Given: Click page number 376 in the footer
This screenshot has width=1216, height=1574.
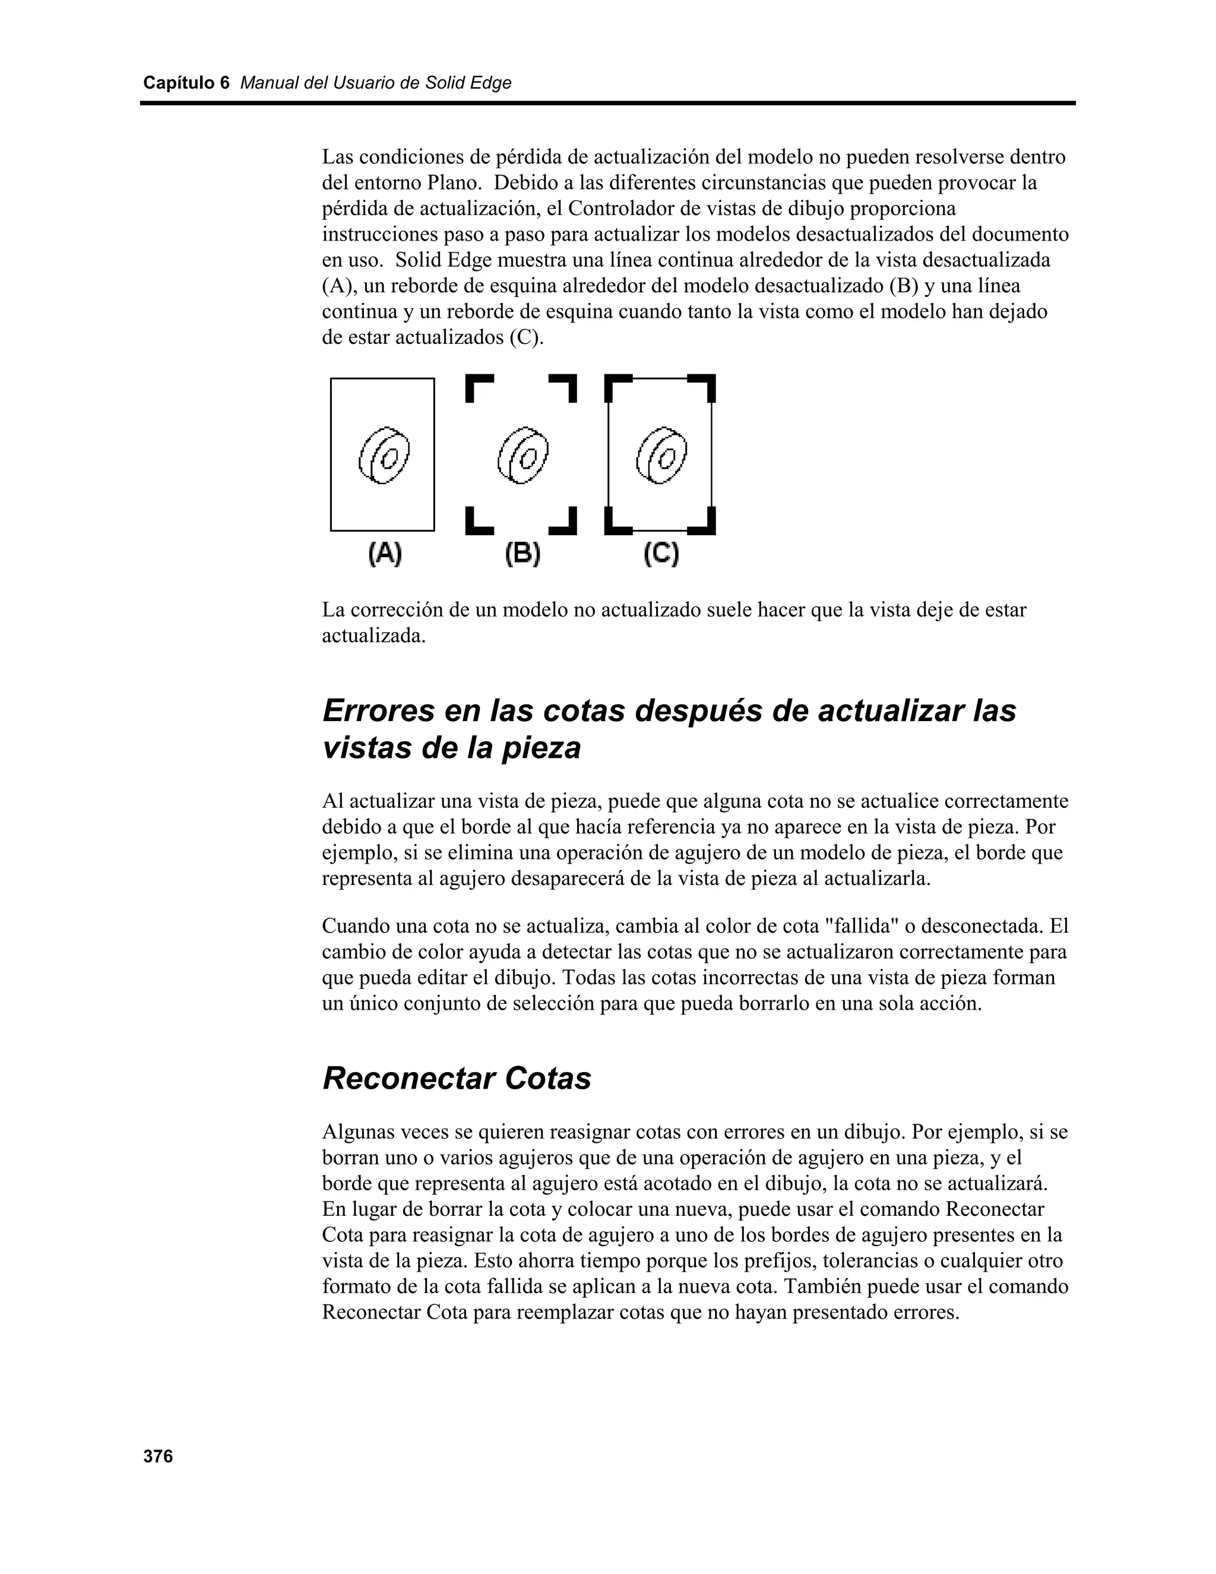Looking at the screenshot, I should coord(159,1456).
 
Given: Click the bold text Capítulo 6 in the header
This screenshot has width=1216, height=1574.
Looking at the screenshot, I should coord(186,83).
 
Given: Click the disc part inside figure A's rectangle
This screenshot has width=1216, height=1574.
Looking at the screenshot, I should coord(384,456).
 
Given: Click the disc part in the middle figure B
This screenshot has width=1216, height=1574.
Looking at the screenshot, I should coord(523,456).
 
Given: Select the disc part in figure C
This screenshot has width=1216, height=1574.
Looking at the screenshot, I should coord(661,456).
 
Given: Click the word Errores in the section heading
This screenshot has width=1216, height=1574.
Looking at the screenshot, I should coord(378,710).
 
